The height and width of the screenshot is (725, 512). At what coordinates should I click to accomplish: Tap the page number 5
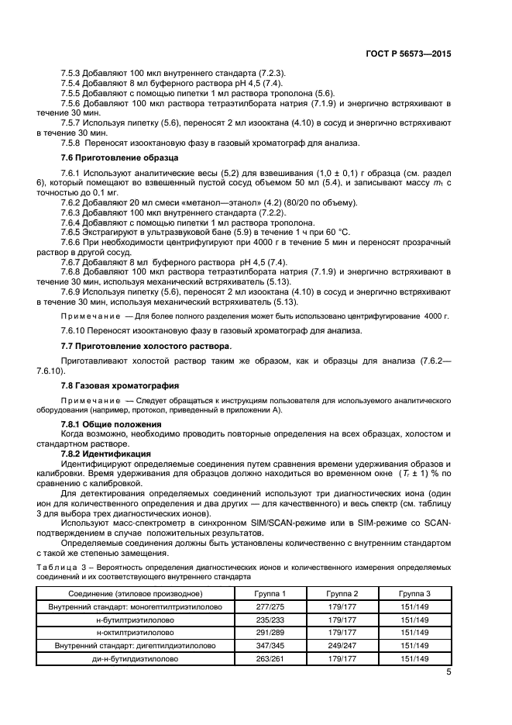[448, 672]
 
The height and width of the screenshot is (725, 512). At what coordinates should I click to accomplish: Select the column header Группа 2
[342, 594]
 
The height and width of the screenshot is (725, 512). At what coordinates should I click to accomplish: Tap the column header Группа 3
[415, 594]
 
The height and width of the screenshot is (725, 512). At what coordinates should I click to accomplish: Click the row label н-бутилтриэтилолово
[135, 620]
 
